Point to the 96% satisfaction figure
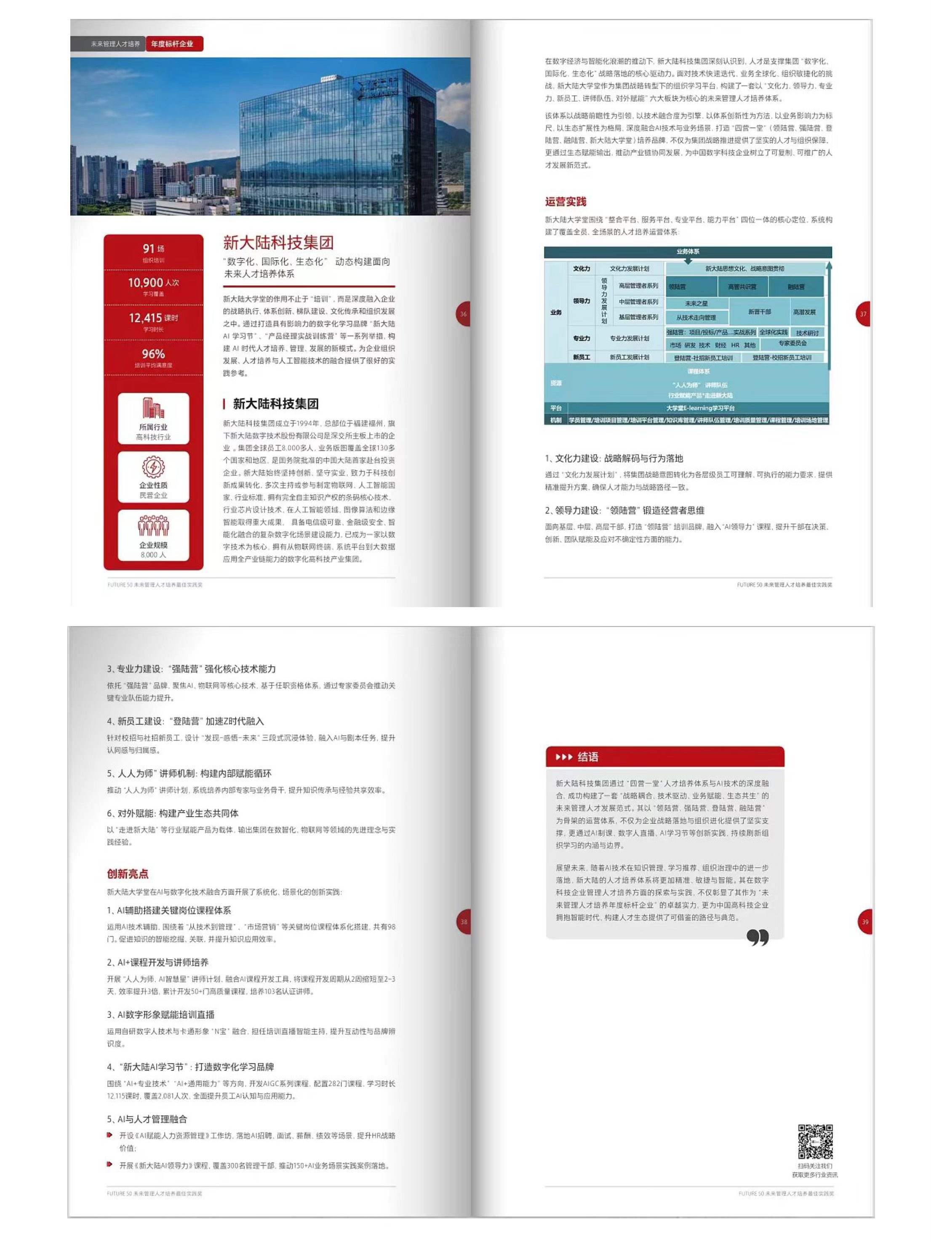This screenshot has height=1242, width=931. [x=153, y=354]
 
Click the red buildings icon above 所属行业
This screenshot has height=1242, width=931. [x=153, y=408]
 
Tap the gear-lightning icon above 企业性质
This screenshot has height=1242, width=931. [x=153, y=466]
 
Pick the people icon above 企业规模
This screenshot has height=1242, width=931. [x=153, y=525]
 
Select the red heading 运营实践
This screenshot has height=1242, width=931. [x=565, y=201]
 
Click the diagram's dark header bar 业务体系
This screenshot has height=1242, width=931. [x=688, y=252]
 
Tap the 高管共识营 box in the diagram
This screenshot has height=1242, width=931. [x=742, y=287]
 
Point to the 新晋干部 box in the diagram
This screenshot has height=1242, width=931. [x=759, y=312]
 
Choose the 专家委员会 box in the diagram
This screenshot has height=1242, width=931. [x=792, y=343]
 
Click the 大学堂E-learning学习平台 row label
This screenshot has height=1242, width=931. [x=700, y=408]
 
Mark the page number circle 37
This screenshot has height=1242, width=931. [x=862, y=314]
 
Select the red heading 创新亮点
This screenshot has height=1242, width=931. [x=128, y=874]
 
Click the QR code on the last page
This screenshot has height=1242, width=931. [x=815, y=1141]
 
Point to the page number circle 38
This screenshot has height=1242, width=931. [x=464, y=921]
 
